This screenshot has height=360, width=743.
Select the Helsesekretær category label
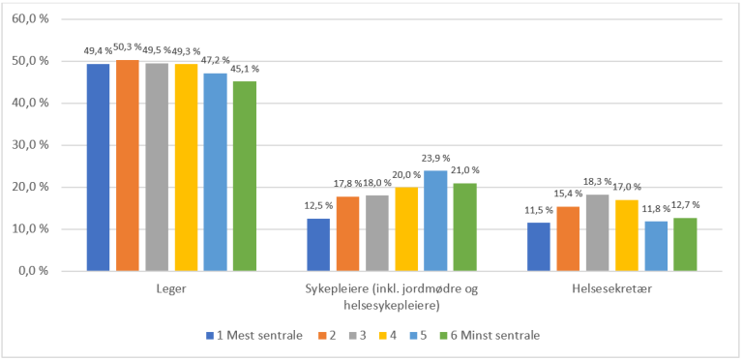(611, 287)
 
